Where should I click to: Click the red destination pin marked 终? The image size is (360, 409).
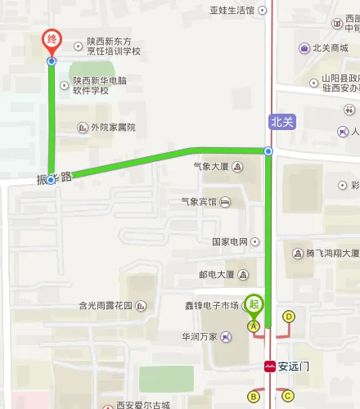pyautogui.click(x=52, y=40)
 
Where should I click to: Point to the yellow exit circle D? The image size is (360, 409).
pyautogui.click(x=288, y=317)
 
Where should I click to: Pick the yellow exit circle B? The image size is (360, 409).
pyautogui.click(x=254, y=397)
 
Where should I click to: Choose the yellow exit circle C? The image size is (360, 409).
pyautogui.click(x=287, y=397)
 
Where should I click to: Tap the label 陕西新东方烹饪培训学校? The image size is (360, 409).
pyautogui.click(x=113, y=45)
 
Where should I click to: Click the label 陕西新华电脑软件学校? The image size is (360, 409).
pyautogui.click(x=101, y=85)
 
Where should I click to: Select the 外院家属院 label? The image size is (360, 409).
pyautogui.click(x=112, y=128)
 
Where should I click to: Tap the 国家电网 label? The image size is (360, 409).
pyautogui.click(x=230, y=242)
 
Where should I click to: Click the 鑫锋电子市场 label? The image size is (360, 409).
pyautogui.click(x=211, y=306)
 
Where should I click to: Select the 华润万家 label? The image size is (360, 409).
pyautogui.click(x=200, y=336)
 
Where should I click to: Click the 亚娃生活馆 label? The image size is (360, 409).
pyautogui.click(x=237, y=11)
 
